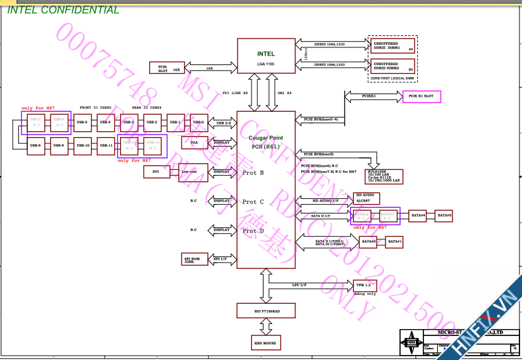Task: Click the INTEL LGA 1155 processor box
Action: (x=266, y=55)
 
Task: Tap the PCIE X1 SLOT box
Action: (x=422, y=97)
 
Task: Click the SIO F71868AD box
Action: (x=266, y=310)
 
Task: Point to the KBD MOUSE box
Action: (x=265, y=343)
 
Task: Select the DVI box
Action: (x=157, y=171)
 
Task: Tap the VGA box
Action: (x=194, y=143)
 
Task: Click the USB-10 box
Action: (x=82, y=145)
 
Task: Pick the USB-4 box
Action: (x=106, y=122)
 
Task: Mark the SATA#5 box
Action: (x=445, y=216)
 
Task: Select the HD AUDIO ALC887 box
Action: (x=366, y=198)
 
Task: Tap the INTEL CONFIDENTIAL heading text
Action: (x=63, y=9)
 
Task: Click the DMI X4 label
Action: (x=284, y=93)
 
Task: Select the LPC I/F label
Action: (x=299, y=285)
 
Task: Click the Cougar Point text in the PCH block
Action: (x=266, y=138)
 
